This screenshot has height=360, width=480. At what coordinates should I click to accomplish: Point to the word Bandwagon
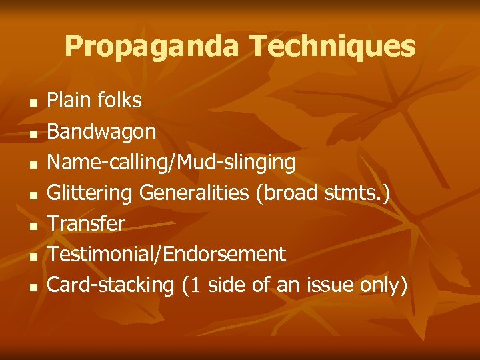coord(102,132)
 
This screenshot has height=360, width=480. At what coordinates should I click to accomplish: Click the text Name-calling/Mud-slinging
coord(171,163)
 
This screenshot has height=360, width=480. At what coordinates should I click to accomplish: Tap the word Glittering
coord(91,193)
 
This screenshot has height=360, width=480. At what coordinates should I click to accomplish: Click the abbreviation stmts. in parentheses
coord(359,193)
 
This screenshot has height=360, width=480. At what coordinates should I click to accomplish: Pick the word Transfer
coord(86,224)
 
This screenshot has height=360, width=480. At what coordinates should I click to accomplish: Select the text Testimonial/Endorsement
coord(167,254)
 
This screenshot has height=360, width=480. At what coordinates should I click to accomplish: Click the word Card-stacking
coord(111,285)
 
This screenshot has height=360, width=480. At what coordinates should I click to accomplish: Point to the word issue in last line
coord(327,285)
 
